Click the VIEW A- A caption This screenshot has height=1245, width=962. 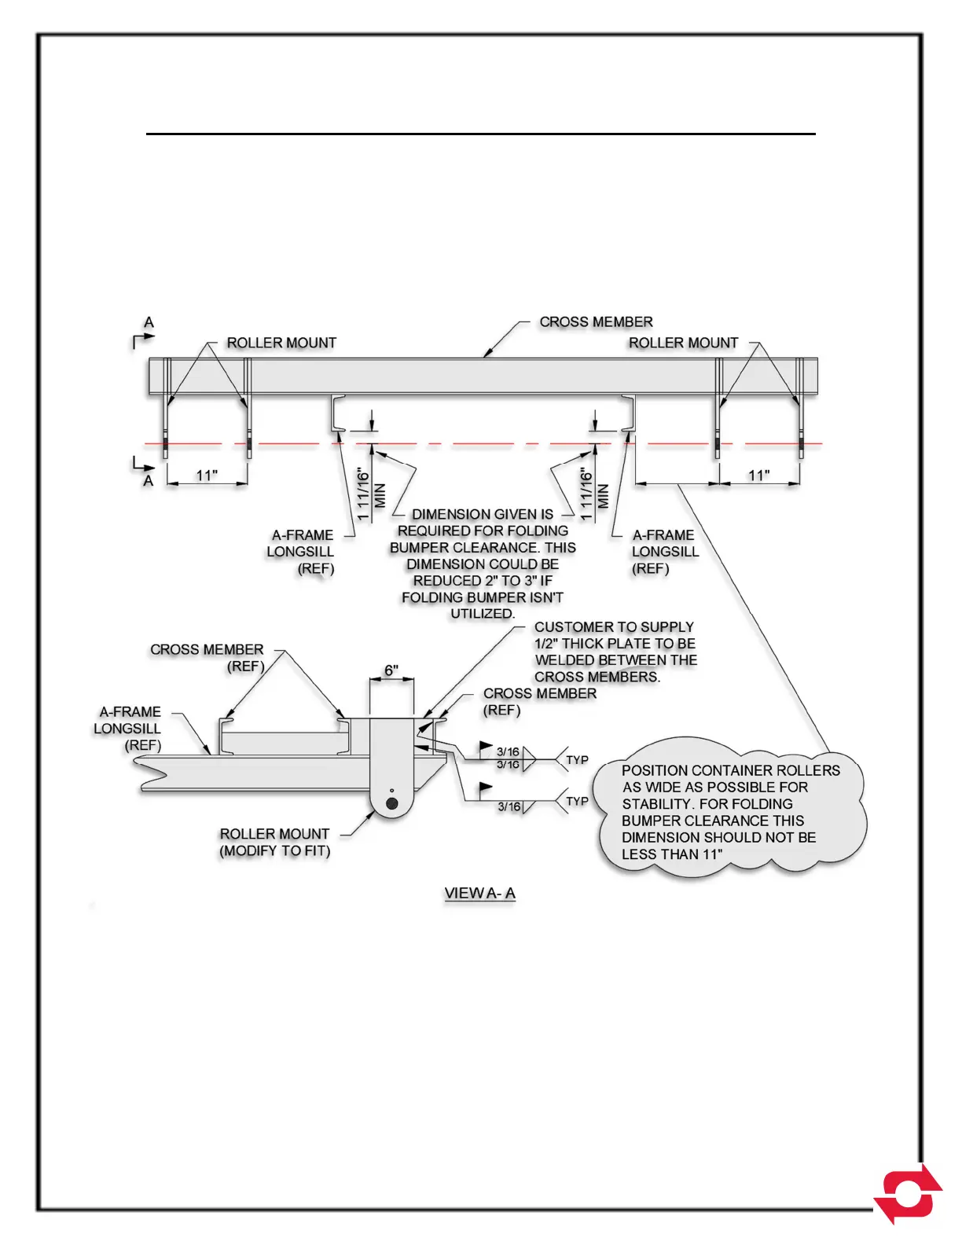click(x=479, y=893)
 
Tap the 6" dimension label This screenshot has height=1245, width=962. click(x=391, y=670)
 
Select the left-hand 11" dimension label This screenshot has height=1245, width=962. click(x=207, y=476)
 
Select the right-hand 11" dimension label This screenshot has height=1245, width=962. click(x=758, y=476)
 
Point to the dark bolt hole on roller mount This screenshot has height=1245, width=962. click(x=391, y=803)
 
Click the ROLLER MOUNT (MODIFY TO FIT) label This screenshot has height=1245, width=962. click(x=274, y=842)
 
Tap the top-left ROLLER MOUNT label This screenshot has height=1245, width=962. click(x=281, y=343)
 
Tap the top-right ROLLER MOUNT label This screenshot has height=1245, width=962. click(x=683, y=343)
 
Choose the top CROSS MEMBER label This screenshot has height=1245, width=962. click(x=596, y=322)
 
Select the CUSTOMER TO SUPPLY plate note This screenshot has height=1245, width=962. click(x=615, y=652)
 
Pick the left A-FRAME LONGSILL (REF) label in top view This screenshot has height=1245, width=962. click(x=301, y=551)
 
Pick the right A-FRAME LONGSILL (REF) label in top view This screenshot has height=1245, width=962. click(x=664, y=551)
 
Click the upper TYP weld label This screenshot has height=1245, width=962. click(x=577, y=760)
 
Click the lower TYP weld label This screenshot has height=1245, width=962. click(x=577, y=801)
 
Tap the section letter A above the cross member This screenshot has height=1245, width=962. click(x=149, y=322)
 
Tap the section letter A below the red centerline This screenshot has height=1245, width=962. click(x=148, y=480)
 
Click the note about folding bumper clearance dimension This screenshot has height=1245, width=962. click(x=483, y=564)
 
